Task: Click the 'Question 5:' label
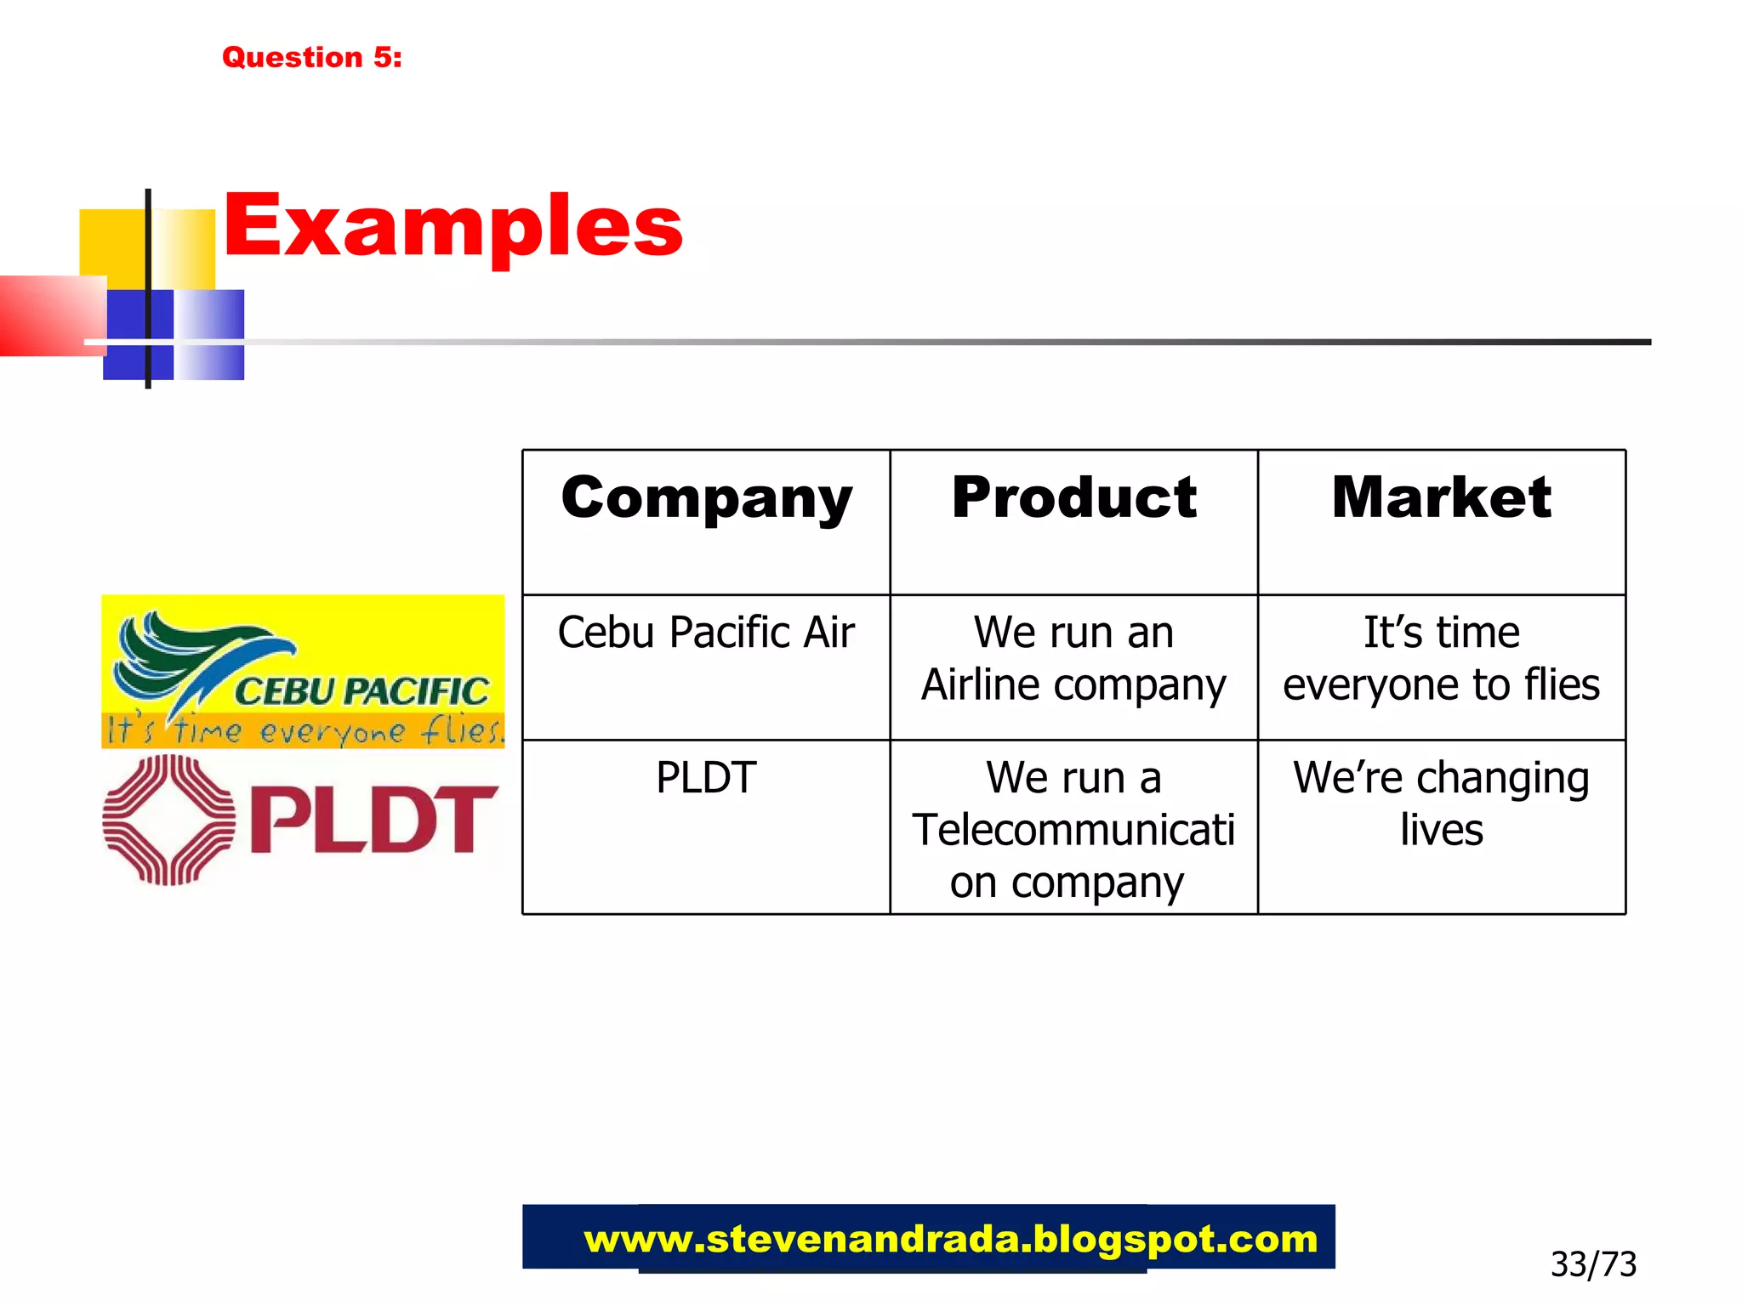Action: click(x=311, y=57)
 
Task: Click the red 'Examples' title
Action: click(x=453, y=225)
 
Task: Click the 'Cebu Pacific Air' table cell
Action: click(x=706, y=633)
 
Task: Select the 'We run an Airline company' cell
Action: click(x=1073, y=658)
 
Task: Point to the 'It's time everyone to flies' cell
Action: click(x=1441, y=658)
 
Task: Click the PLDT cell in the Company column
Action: click(x=706, y=777)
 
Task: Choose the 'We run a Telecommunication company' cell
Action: click(x=1073, y=829)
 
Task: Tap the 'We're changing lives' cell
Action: click(x=1441, y=803)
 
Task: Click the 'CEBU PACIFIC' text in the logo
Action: click(x=361, y=691)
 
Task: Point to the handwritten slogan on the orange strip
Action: click(x=303, y=731)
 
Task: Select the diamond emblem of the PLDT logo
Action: click(x=168, y=820)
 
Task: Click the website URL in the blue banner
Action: click(x=950, y=1239)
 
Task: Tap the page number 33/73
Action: click(x=1592, y=1264)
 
